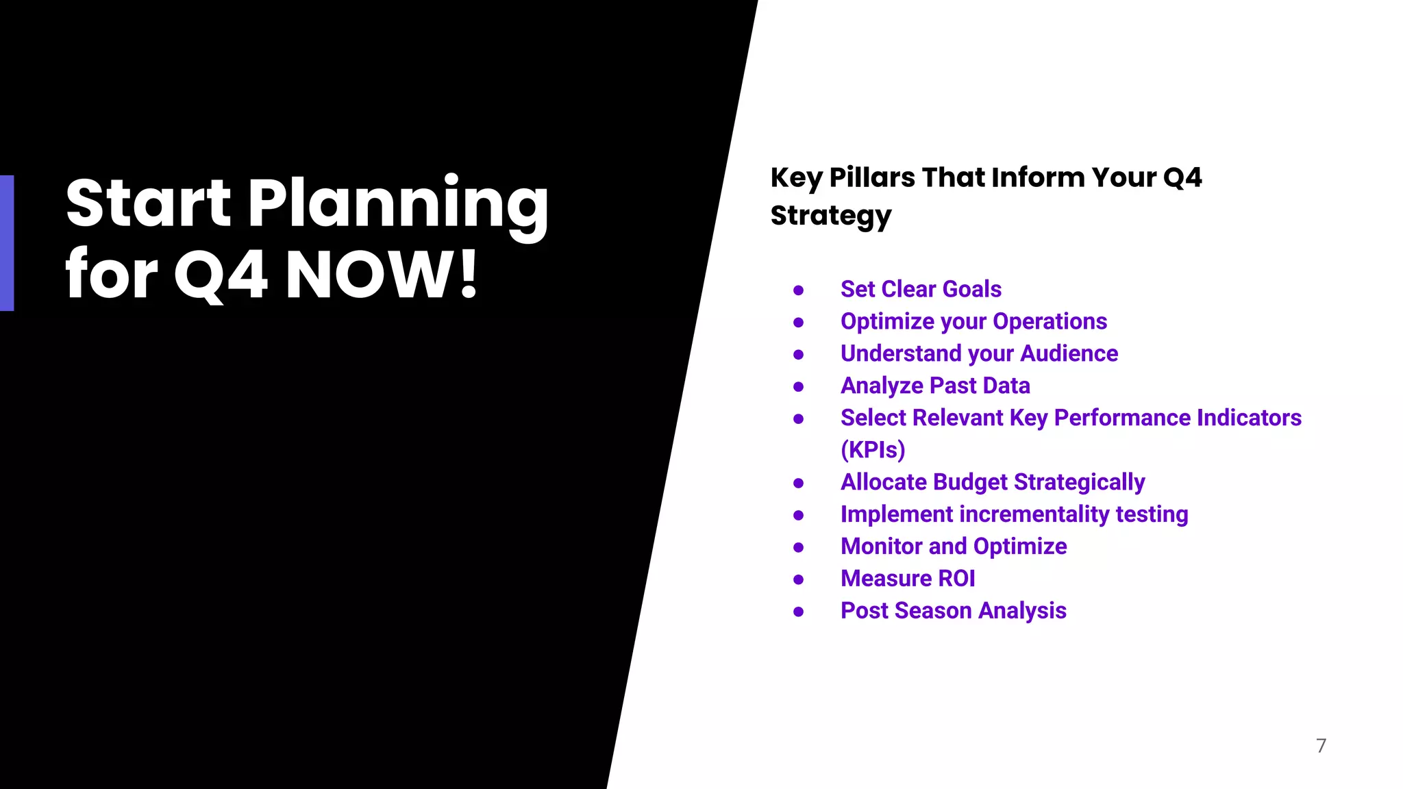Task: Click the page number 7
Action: [x=1321, y=745]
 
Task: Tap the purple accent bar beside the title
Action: [x=7, y=243]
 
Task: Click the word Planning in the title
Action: [x=397, y=203]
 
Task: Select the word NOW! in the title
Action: [x=382, y=275]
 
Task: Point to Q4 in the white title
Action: [x=221, y=275]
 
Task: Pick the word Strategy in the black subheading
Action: [x=831, y=216]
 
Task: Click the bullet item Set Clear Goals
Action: [x=921, y=289]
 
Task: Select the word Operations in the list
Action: [x=1050, y=321]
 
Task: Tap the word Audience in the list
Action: [x=1069, y=353]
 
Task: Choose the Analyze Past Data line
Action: [x=935, y=386]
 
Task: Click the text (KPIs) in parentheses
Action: [x=873, y=450]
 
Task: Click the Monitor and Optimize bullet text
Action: [x=954, y=547]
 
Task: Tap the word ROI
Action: [x=956, y=579]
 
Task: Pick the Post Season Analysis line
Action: [x=954, y=611]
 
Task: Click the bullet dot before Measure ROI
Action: [x=798, y=579]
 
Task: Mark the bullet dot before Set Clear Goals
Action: [x=798, y=290]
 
